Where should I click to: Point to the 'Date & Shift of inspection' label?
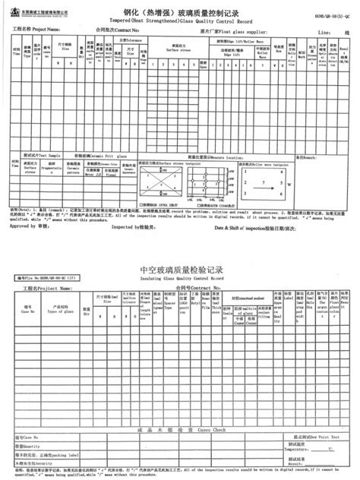[246, 226]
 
